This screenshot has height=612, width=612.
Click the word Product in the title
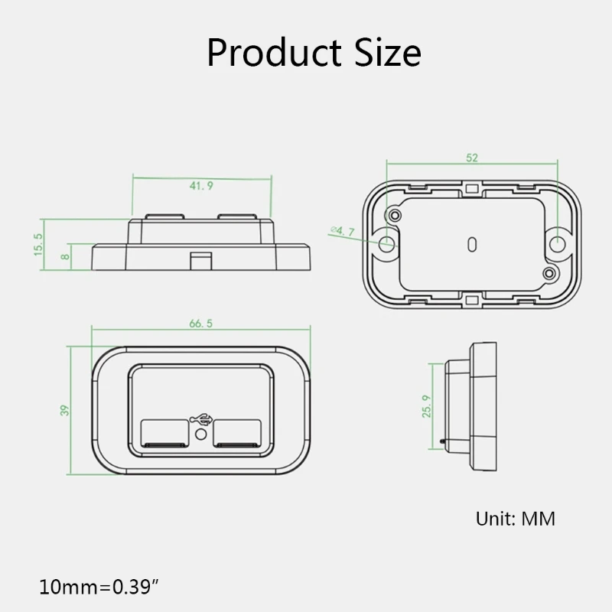[x=274, y=53]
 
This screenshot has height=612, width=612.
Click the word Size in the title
[x=388, y=53]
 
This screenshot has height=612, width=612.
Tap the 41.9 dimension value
[x=201, y=186]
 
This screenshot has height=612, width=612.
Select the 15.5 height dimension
[x=37, y=245]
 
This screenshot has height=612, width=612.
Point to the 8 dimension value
[x=65, y=257]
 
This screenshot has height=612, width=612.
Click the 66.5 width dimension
[x=201, y=324]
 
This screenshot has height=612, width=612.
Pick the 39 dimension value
[x=64, y=410]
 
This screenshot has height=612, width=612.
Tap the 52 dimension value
[x=472, y=158]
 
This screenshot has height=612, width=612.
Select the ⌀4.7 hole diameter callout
[x=342, y=231]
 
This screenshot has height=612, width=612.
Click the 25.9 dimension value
[x=427, y=406]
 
